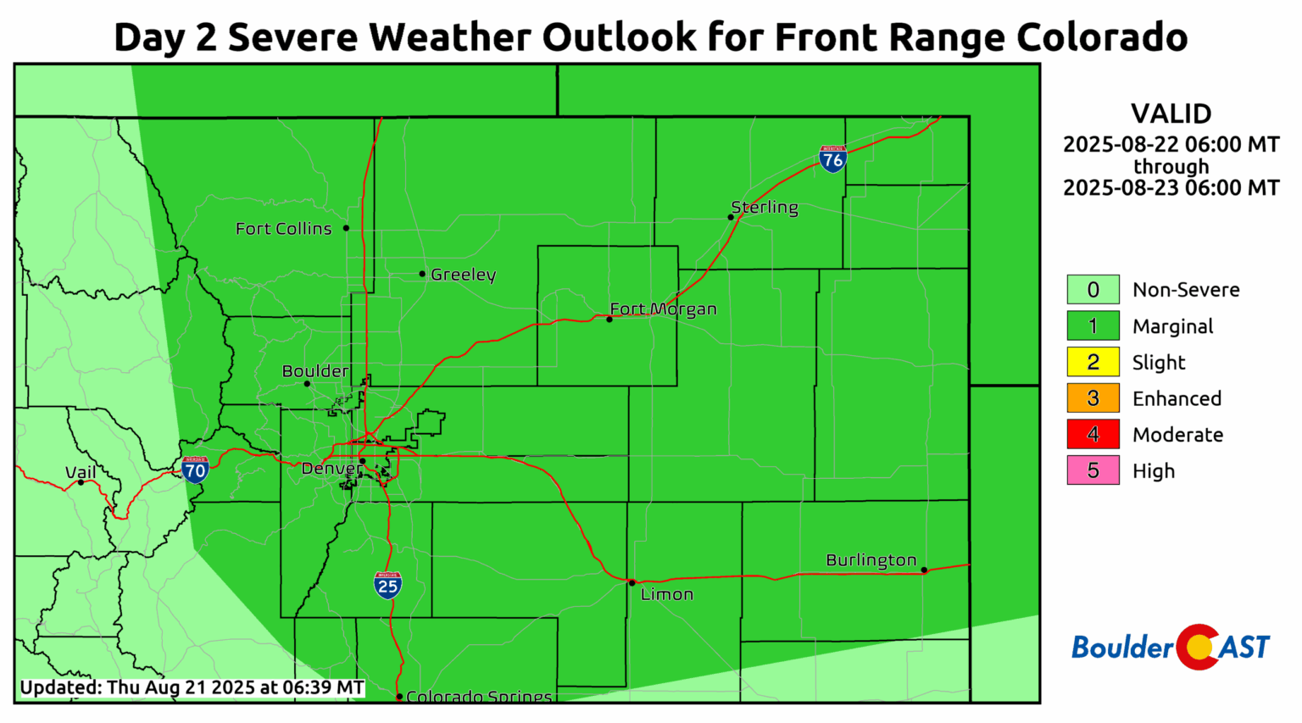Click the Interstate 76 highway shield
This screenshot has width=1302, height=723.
coord(832,159)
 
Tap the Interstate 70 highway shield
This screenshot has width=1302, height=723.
coord(195,470)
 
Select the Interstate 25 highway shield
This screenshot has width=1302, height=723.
coord(387,585)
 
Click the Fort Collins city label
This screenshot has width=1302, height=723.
coord(283,229)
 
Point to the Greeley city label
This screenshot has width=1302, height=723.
coord(463,275)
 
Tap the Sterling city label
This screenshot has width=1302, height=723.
coord(765,208)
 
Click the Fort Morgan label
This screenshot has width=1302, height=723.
coord(664,309)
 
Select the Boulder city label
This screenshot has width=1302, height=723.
coord(315,371)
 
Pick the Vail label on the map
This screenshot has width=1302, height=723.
coord(81,472)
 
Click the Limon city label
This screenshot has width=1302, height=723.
coord(667,594)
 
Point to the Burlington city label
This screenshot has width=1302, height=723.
coord(871,560)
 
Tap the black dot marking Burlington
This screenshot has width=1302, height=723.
coord(924,570)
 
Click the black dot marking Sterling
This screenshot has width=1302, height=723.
coord(731,217)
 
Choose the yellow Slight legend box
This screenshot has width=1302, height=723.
coord(1093,362)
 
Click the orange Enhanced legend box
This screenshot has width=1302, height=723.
coord(1093,398)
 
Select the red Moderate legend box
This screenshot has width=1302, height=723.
coord(1093,435)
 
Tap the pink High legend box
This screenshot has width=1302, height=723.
coord(1093,470)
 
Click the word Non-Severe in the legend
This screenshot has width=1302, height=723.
coord(1186,290)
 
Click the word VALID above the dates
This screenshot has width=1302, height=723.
coord(1171,114)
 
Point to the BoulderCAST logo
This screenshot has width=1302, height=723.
coord(1171,648)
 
